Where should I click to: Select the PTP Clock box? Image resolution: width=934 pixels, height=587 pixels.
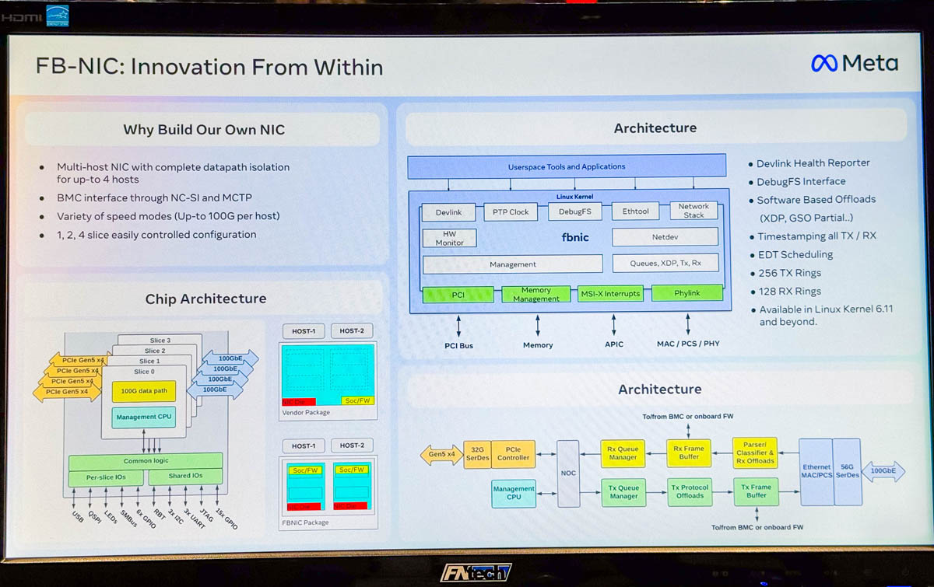coord(511,211)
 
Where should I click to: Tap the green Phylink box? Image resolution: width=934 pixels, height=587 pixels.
coord(686,293)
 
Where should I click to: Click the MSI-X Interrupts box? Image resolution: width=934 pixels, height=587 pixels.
coord(610,293)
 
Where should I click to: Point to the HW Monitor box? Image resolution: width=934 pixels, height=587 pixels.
coord(449,238)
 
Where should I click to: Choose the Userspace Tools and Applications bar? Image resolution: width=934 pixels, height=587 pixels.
coord(567,166)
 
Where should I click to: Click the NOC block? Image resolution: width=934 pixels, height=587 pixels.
coord(568,473)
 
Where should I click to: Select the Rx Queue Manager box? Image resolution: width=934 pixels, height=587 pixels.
coord(623,452)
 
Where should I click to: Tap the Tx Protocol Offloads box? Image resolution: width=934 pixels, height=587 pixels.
coord(690,491)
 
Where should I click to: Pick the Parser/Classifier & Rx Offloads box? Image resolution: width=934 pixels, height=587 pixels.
coord(755,452)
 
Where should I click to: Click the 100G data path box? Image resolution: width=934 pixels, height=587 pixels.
coord(143,391)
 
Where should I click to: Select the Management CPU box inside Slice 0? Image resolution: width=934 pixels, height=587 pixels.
coord(143,418)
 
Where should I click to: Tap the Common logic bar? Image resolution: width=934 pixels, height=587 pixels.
coord(146,461)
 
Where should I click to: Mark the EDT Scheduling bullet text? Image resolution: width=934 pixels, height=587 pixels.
coord(795,254)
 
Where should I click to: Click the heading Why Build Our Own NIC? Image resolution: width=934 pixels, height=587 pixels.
coord(204,130)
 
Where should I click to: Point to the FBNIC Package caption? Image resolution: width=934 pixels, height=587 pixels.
coord(304,522)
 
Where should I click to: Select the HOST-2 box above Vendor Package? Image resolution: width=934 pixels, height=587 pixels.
coord(351,331)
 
